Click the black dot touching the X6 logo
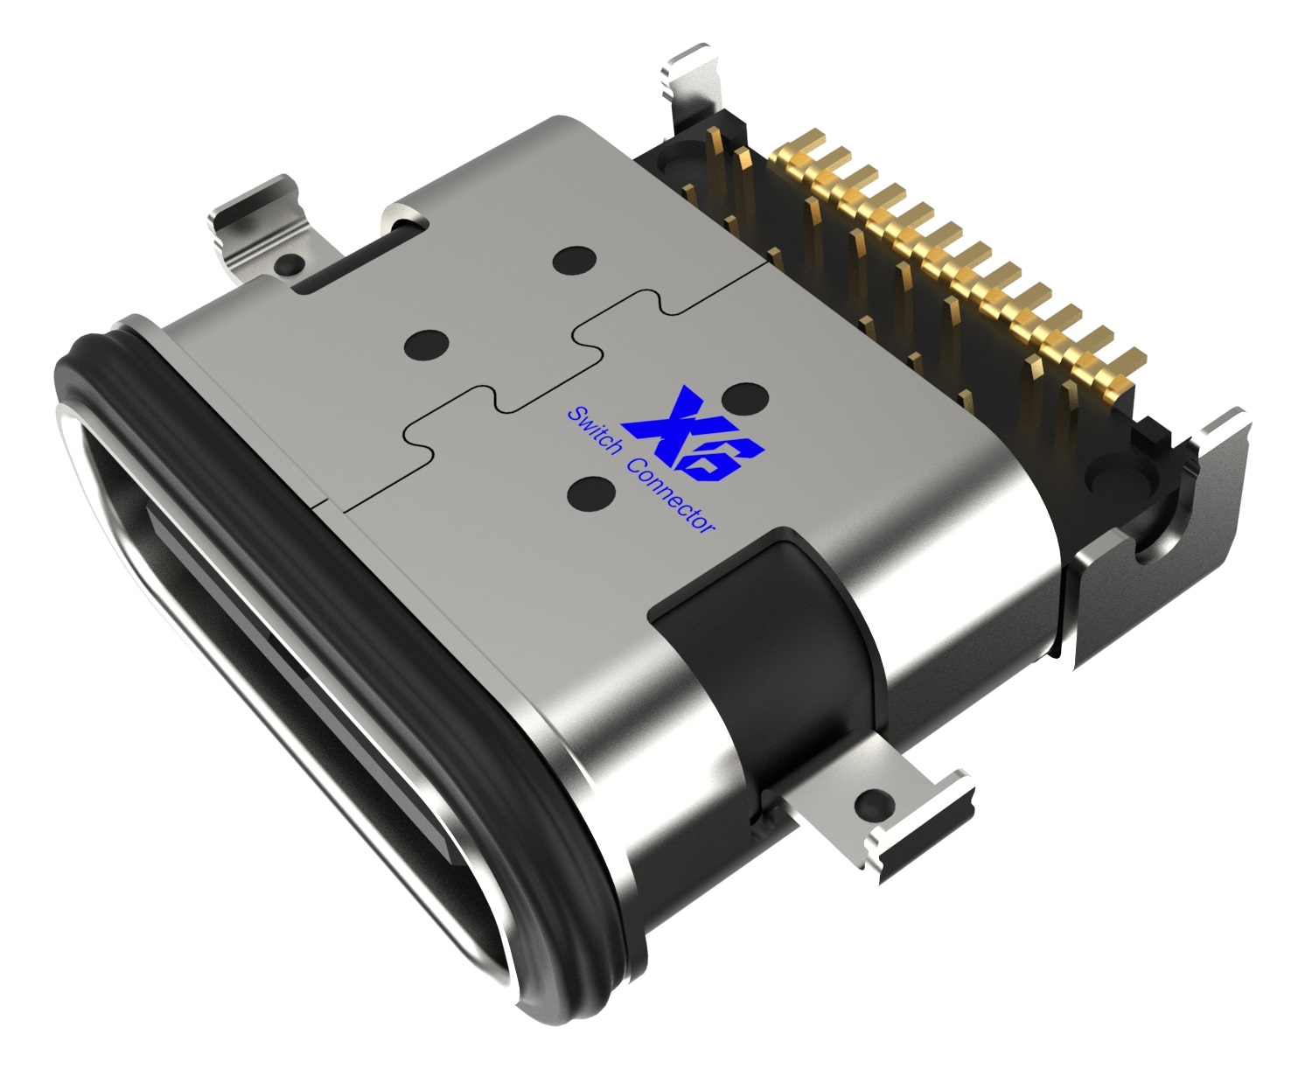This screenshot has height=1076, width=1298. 745,398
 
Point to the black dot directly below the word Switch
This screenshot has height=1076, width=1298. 590,493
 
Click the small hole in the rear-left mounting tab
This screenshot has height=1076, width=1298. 286,262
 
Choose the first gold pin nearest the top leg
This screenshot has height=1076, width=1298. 803,144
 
